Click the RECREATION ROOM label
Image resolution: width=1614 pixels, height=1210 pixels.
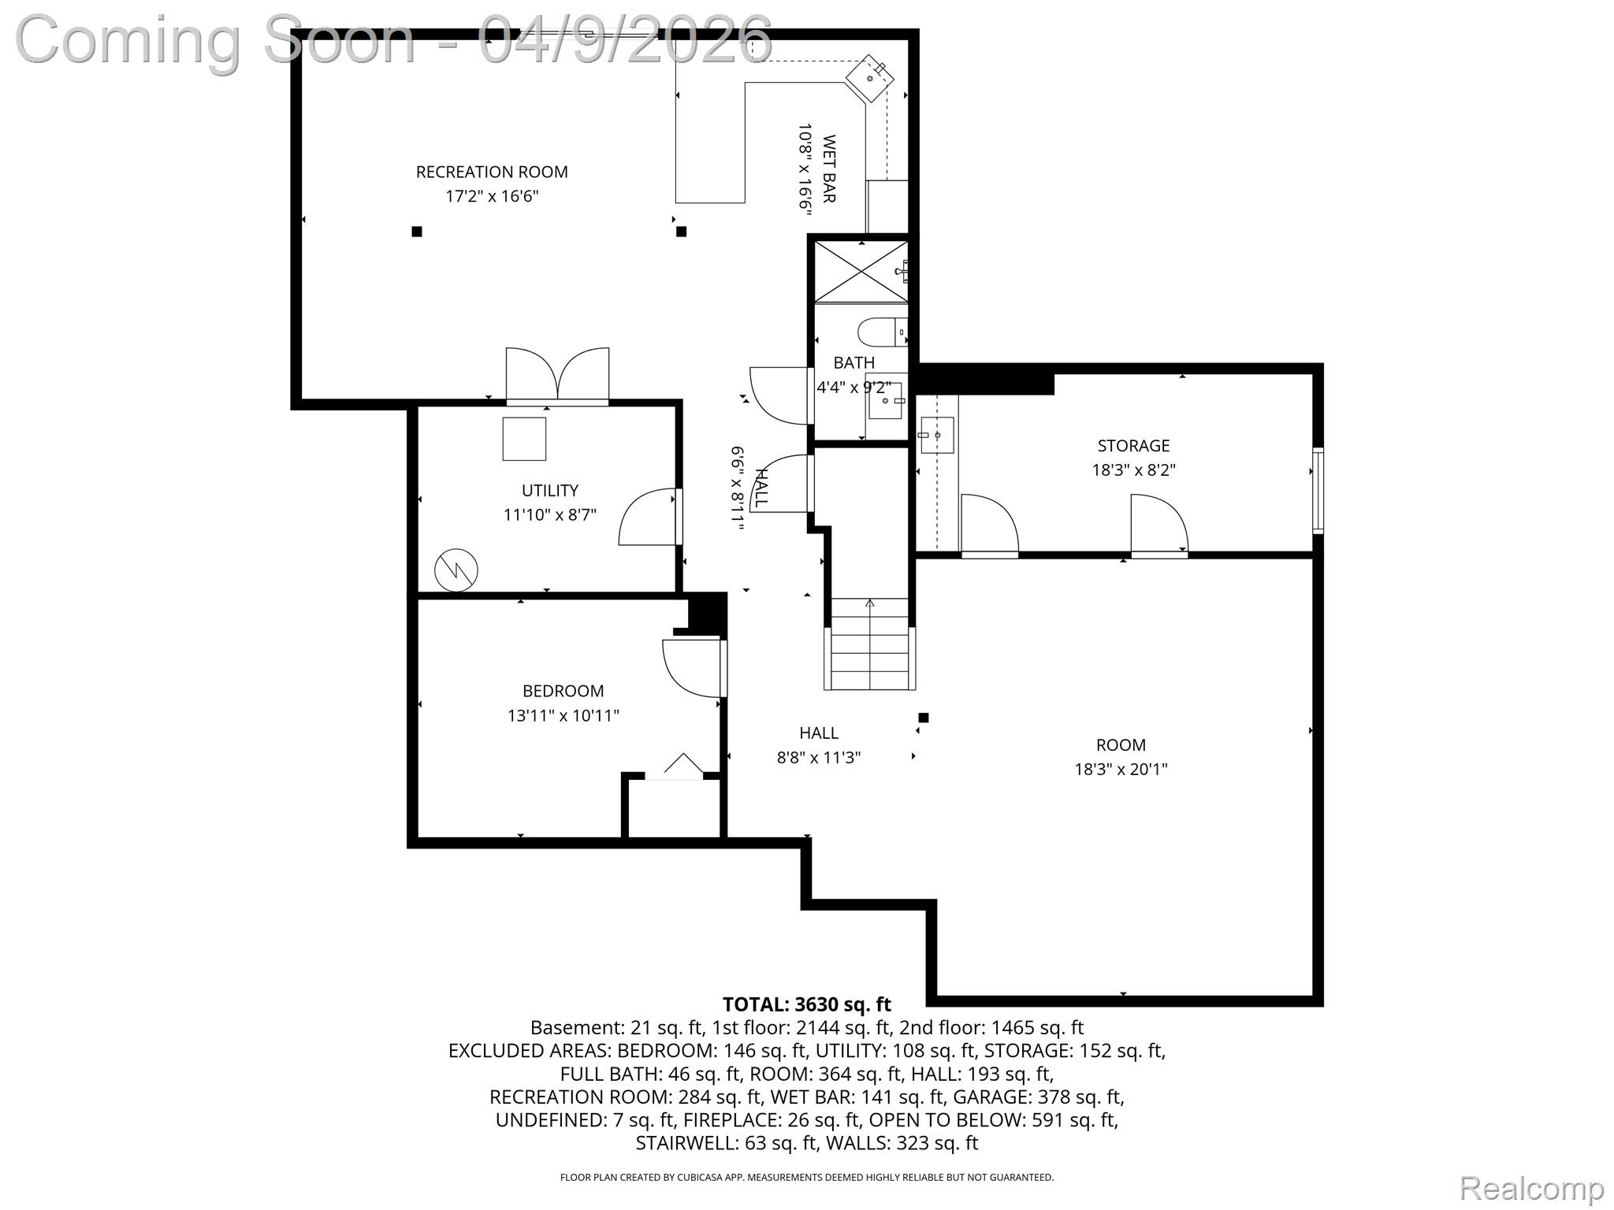[492, 172]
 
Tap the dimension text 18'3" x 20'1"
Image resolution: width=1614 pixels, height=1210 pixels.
[1121, 769]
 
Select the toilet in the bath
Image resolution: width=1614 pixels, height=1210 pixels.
[881, 332]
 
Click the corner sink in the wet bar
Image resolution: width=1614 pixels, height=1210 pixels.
[871, 78]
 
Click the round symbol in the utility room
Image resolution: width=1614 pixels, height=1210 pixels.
[456, 570]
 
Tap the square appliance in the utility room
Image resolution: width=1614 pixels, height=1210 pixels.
[524, 439]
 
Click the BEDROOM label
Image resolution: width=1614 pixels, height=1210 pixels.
[563, 691]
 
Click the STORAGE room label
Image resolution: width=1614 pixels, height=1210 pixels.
[1133, 445]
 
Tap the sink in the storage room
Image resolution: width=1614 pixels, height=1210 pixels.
[936, 435]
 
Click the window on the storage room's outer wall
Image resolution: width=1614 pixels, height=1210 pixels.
[1317, 490]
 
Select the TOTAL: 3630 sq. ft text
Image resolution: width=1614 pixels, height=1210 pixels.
[806, 1004]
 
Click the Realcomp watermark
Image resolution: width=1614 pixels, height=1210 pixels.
[1531, 1188]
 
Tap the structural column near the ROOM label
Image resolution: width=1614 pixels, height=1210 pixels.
[924, 718]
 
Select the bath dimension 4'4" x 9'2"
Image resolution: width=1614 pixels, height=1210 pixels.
[853, 388]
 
